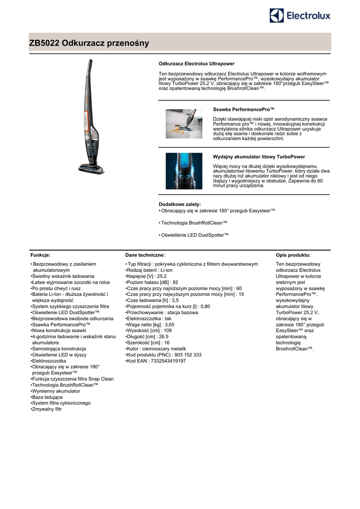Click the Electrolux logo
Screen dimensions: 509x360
click(x=300, y=16)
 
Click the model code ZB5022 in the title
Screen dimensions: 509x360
click(x=45, y=43)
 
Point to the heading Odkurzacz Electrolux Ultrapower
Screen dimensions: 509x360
click(x=196, y=64)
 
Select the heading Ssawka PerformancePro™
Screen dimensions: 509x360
click(x=244, y=108)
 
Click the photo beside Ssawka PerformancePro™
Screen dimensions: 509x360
click(x=184, y=124)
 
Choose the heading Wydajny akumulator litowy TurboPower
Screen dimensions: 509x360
click(x=259, y=157)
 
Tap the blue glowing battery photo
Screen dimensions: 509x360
click(x=184, y=170)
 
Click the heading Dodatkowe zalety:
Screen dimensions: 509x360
click(x=180, y=204)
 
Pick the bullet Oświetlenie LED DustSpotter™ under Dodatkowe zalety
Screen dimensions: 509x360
click(x=195, y=235)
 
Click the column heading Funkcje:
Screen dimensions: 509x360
click(x=40, y=254)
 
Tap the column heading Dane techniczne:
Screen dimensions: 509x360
click(x=145, y=254)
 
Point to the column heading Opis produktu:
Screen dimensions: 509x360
click(x=293, y=254)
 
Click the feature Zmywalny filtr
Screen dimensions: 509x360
click(x=47, y=409)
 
